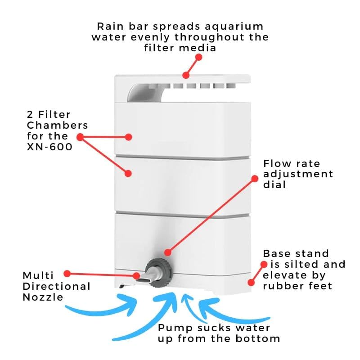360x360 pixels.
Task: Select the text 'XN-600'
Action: tap(50, 147)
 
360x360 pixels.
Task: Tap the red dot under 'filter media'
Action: tap(199, 58)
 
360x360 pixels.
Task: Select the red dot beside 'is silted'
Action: tap(265, 264)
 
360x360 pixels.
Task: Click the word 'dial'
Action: tap(274, 184)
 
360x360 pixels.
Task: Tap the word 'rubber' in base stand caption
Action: tap(281, 286)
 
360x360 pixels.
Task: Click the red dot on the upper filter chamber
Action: tap(129, 137)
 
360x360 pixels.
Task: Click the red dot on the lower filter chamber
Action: tap(128, 172)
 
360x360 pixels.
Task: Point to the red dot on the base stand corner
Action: tap(250, 282)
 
